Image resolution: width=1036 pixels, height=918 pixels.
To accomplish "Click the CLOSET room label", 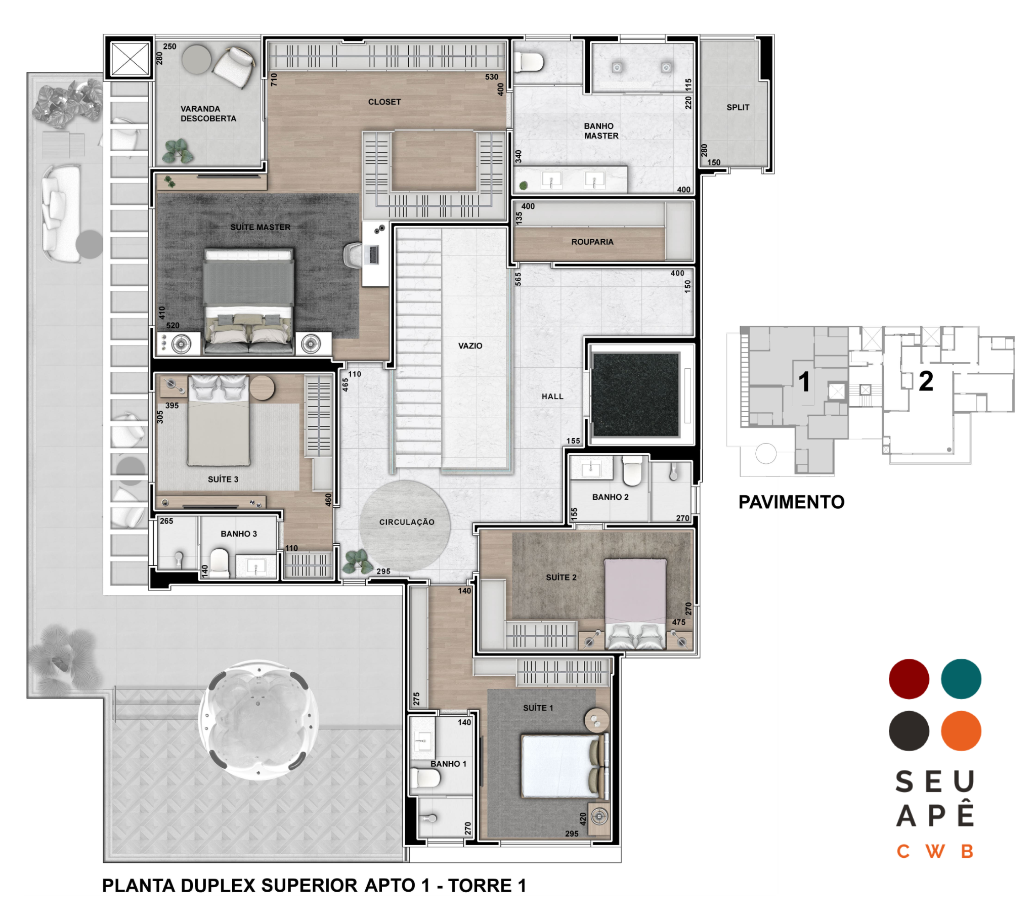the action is (384, 102).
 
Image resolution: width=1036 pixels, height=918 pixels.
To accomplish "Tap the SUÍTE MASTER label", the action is (261, 227).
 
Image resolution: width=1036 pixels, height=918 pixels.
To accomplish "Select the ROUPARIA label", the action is (592, 242).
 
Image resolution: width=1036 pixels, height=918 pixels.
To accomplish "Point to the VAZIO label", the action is (470, 346).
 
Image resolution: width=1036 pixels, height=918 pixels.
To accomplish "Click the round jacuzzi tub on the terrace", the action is (258, 720).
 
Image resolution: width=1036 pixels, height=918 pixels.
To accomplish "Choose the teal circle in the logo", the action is (961, 679).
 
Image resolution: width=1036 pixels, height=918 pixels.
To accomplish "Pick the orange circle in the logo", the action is (961, 731).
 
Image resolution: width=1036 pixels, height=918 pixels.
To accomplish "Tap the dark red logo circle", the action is (909, 679).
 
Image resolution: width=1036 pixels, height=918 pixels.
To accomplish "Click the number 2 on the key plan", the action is (926, 381).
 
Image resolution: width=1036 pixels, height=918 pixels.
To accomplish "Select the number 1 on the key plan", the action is (804, 382).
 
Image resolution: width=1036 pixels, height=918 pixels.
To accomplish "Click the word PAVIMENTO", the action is (791, 502).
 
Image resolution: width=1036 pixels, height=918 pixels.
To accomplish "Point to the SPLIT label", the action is (738, 107).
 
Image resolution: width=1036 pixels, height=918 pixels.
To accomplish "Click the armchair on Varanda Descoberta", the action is (234, 67).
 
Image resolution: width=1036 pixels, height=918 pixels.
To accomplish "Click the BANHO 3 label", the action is (239, 534).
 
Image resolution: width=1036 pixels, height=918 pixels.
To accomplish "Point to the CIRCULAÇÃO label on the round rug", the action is (407, 522).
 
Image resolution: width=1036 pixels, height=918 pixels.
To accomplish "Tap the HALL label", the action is (552, 397).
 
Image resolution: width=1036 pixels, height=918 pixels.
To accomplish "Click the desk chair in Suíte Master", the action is (353, 254).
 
